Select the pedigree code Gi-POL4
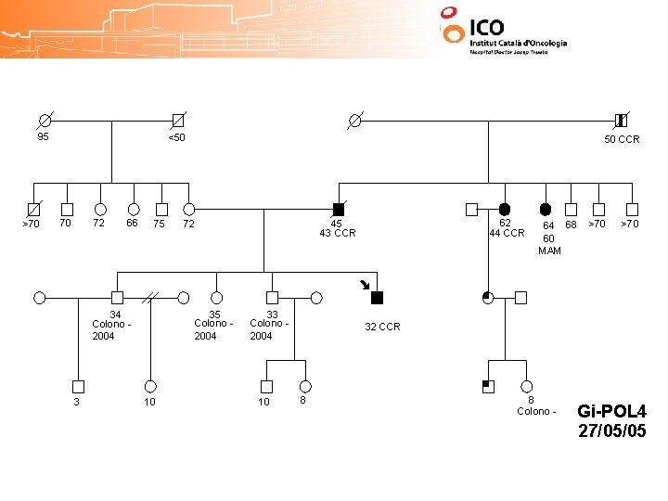click(612, 411)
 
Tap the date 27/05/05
click(612, 431)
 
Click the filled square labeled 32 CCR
click(377, 298)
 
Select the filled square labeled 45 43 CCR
click(339, 210)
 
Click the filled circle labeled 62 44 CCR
click(505, 210)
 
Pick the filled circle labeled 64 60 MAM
click(546, 210)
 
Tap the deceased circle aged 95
click(45, 122)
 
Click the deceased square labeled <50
click(177, 122)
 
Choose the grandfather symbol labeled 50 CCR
click(621, 121)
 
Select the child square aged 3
click(78, 386)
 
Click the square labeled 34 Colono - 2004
click(117, 298)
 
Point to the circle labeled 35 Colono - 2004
click(216, 298)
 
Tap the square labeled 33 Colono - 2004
click(272, 298)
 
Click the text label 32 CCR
click(382, 327)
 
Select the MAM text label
click(549, 250)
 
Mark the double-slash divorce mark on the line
click(150, 298)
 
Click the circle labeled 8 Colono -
click(527, 386)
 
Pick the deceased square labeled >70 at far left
click(34, 210)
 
